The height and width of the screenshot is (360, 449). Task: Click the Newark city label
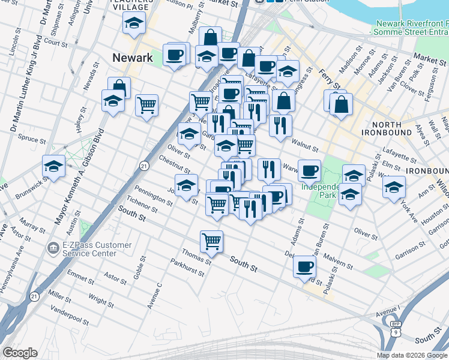tap(133, 58)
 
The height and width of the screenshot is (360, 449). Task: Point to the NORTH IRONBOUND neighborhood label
tap(387, 128)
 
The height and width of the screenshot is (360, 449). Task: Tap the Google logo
tap(20, 353)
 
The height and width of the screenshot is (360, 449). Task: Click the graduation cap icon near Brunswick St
tap(53, 166)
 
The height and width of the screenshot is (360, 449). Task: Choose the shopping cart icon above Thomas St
tap(211, 241)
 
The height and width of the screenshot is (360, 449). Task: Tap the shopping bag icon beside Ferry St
tap(341, 104)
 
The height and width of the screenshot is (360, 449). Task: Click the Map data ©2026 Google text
tap(412, 355)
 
